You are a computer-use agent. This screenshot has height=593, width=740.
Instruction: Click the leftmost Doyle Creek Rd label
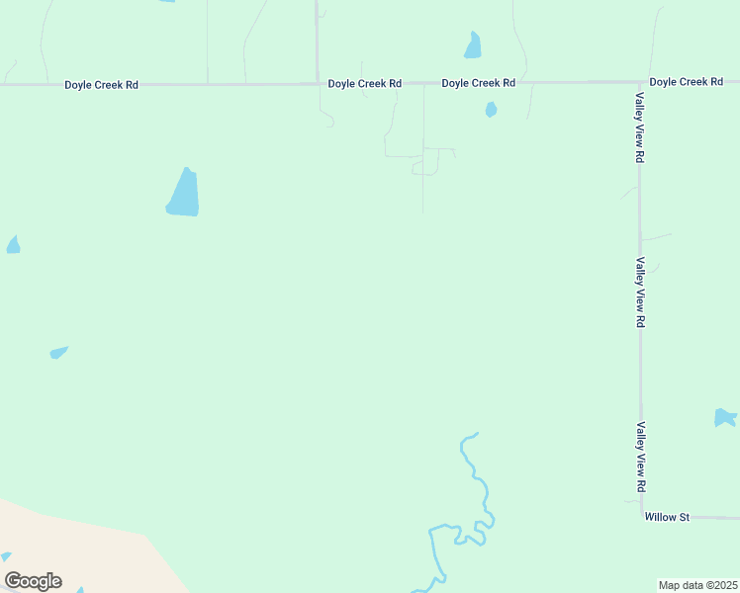[101, 85]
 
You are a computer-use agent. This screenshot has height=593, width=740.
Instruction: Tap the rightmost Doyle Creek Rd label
[686, 81]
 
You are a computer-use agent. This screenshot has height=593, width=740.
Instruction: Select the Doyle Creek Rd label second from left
[365, 84]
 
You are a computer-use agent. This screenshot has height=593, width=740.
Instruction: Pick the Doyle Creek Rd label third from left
[479, 83]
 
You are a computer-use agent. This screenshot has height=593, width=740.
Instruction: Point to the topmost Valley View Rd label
[640, 127]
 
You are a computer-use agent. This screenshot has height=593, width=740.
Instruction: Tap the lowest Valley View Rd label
[640, 458]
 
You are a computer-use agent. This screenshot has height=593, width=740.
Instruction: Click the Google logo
[33, 581]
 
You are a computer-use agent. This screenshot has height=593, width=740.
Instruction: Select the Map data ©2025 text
[697, 585]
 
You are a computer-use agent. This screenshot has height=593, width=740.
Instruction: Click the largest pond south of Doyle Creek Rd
[183, 193]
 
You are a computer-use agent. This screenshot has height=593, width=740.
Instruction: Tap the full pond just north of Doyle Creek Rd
[473, 45]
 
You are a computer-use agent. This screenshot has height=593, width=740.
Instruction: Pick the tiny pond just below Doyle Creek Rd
[491, 110]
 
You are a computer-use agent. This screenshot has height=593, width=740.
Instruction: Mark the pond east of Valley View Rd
[725, 417]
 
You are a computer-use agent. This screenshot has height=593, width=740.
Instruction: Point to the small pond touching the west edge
[13, 244]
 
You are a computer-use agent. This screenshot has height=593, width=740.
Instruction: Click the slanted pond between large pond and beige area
[59, 352]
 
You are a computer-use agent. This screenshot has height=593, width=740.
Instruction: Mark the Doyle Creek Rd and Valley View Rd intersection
[639, 81]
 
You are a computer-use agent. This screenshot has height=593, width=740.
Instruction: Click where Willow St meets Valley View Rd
[641, 516]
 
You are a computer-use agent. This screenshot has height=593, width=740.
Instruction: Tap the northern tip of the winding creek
[477, 433]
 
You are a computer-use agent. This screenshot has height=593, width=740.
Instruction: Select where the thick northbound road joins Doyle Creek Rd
[317, 84]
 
